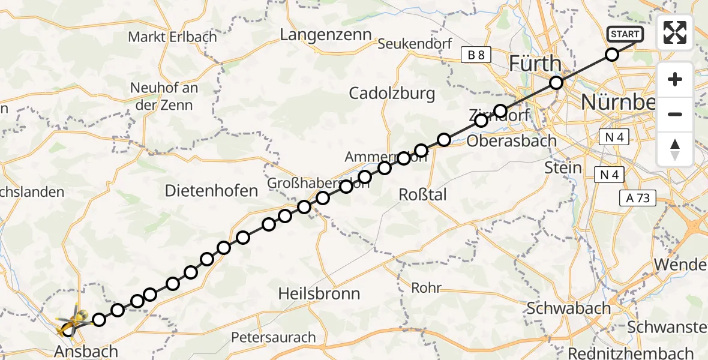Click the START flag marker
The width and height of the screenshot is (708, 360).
click(625, 34)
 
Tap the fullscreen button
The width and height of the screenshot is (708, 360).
click(675, 32)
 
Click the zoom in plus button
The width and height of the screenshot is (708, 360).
click(675, 79)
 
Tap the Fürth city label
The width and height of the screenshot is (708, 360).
click(535, 64)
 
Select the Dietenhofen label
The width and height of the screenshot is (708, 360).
click(211, 191)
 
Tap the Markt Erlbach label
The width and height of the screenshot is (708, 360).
click(172, 37)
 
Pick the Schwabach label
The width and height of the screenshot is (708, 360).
click(568, 308)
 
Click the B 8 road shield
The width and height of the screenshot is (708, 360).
click(476, 55)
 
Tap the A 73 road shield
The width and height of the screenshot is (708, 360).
click(639, 198)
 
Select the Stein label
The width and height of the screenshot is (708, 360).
click(563, 167)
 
